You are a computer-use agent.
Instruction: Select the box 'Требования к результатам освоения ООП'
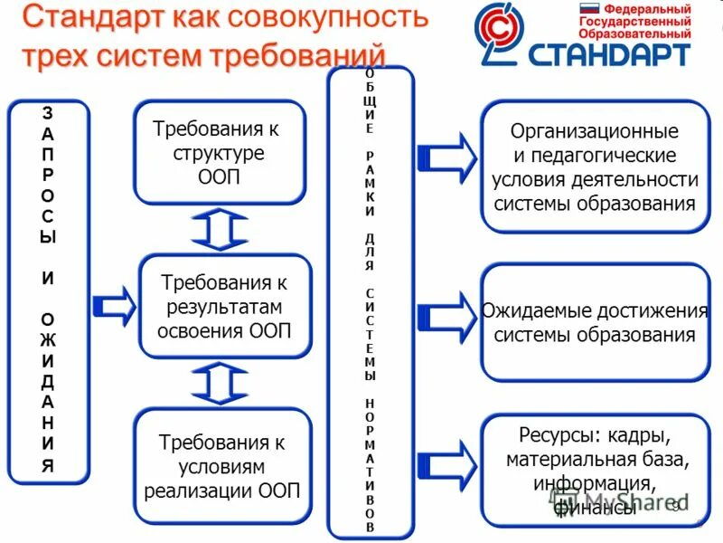(224, 306)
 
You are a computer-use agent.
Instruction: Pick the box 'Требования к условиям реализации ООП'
(221, 467)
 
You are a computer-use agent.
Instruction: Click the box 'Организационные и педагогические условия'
(595, 168)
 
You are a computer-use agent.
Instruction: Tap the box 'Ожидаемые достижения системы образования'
(595, 323)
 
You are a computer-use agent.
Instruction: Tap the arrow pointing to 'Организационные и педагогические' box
(448, 155)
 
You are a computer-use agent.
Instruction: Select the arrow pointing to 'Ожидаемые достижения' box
(448, 313)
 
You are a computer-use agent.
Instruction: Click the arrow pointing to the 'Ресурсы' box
(448, 463)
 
